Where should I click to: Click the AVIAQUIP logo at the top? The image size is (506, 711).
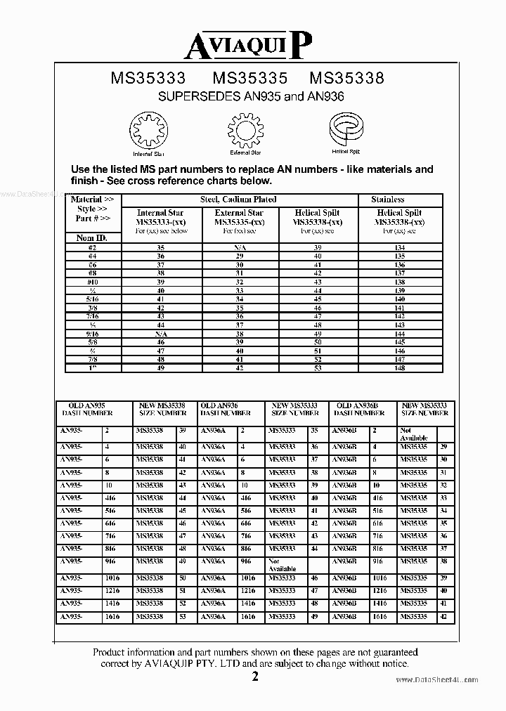point(247,47)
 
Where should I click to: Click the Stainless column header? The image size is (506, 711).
point(387,200)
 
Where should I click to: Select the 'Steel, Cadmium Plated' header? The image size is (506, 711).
point(238,200)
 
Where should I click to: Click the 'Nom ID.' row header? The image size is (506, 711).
point(91,238)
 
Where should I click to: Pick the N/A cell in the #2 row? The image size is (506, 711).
point(239,247)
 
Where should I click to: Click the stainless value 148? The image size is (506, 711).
point(400,368)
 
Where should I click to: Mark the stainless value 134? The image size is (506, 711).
point(400,247)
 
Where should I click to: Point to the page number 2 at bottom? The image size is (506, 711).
point(255,677)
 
